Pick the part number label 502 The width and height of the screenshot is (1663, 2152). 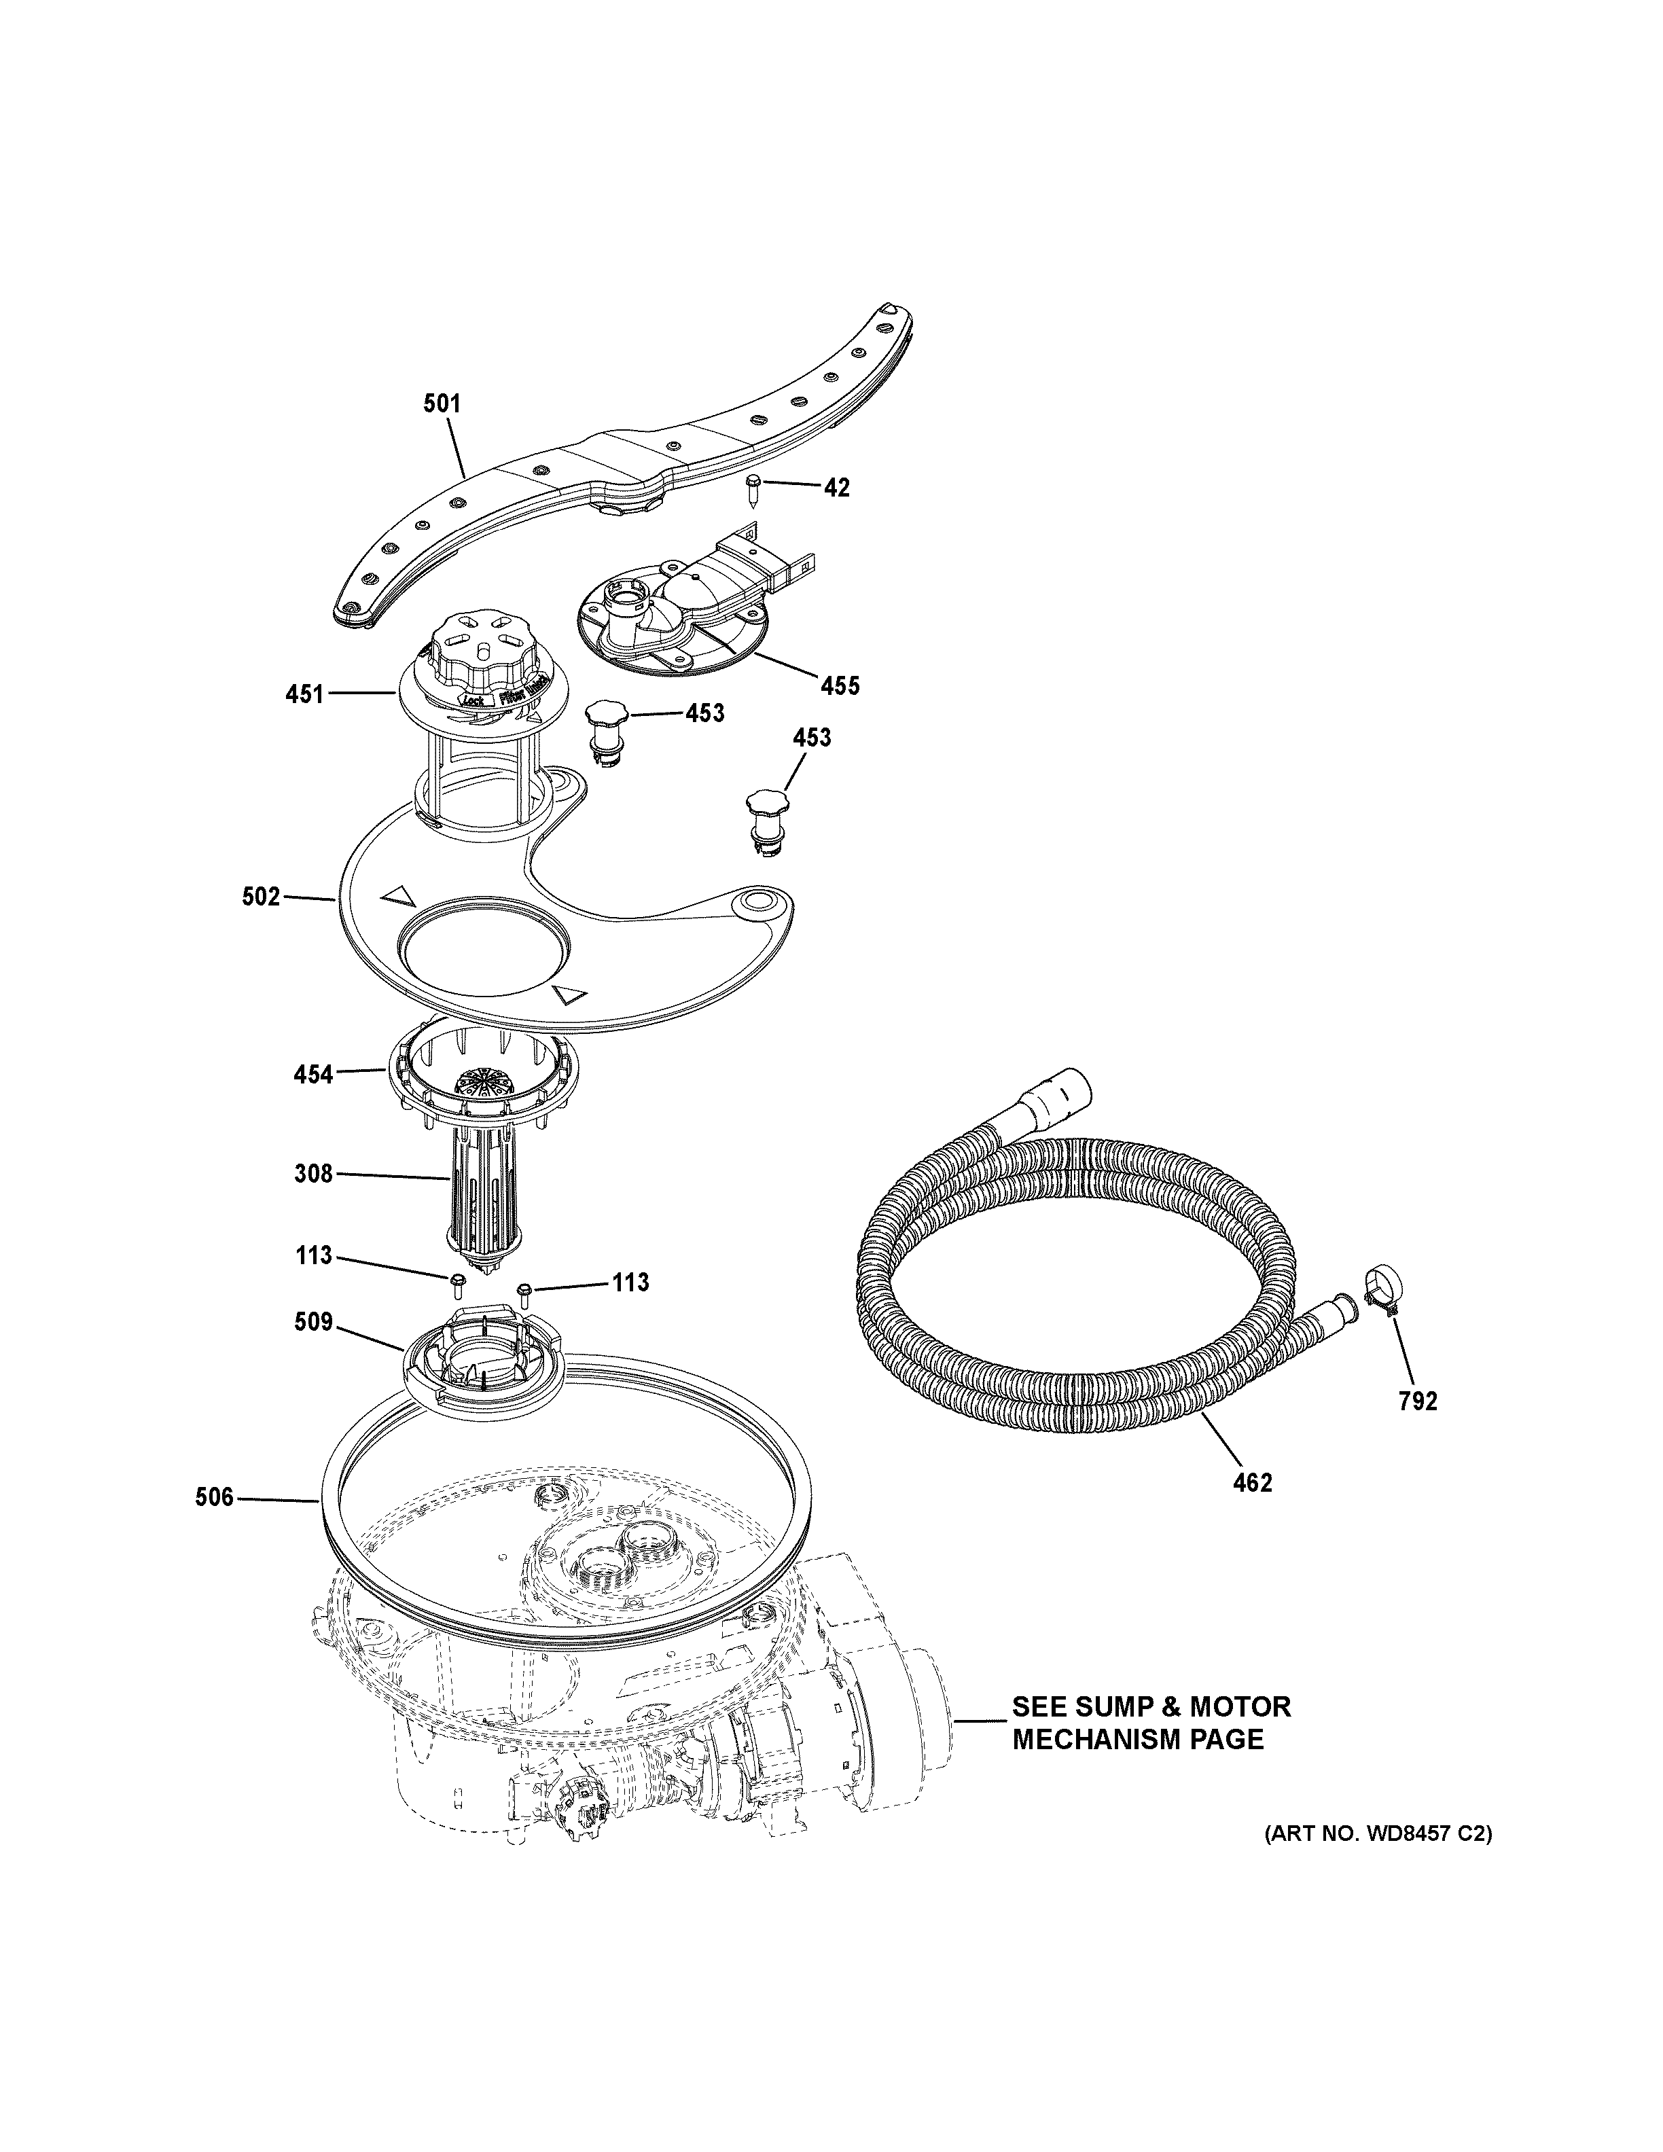coord(261,897)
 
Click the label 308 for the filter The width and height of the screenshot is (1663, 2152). coord(313,1174)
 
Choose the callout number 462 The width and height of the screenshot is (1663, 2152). coord(1252,1509)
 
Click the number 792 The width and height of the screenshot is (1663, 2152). coord(1418,1401)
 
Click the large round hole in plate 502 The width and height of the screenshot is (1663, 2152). coord(485,947)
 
